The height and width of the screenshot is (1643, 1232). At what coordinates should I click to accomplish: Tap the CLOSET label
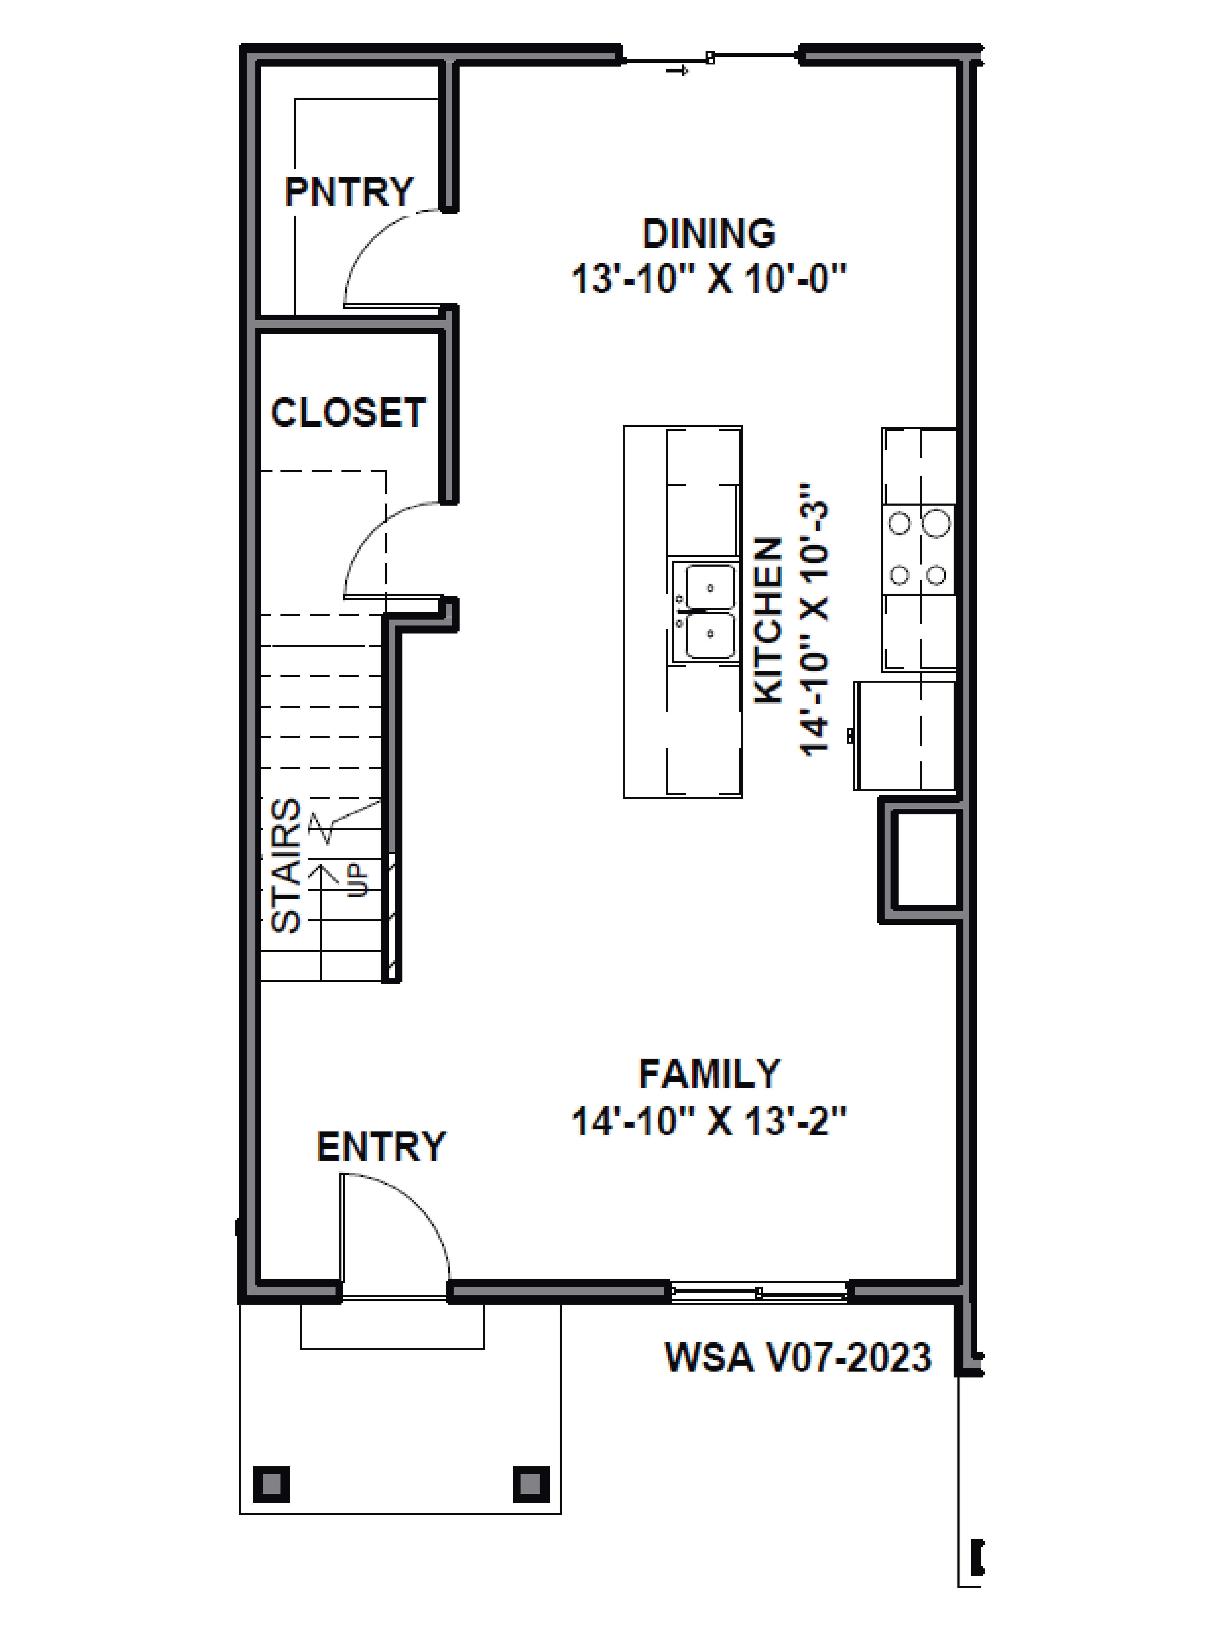click(348, 413)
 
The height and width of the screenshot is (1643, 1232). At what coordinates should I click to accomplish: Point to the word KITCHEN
click(769, 620)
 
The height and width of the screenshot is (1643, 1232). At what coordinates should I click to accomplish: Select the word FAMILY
click(709, 1074)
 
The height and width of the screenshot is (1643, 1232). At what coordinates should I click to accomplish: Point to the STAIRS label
click(286, 865)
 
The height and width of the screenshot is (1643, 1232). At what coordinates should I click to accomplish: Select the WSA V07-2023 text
click(798, 1357)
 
